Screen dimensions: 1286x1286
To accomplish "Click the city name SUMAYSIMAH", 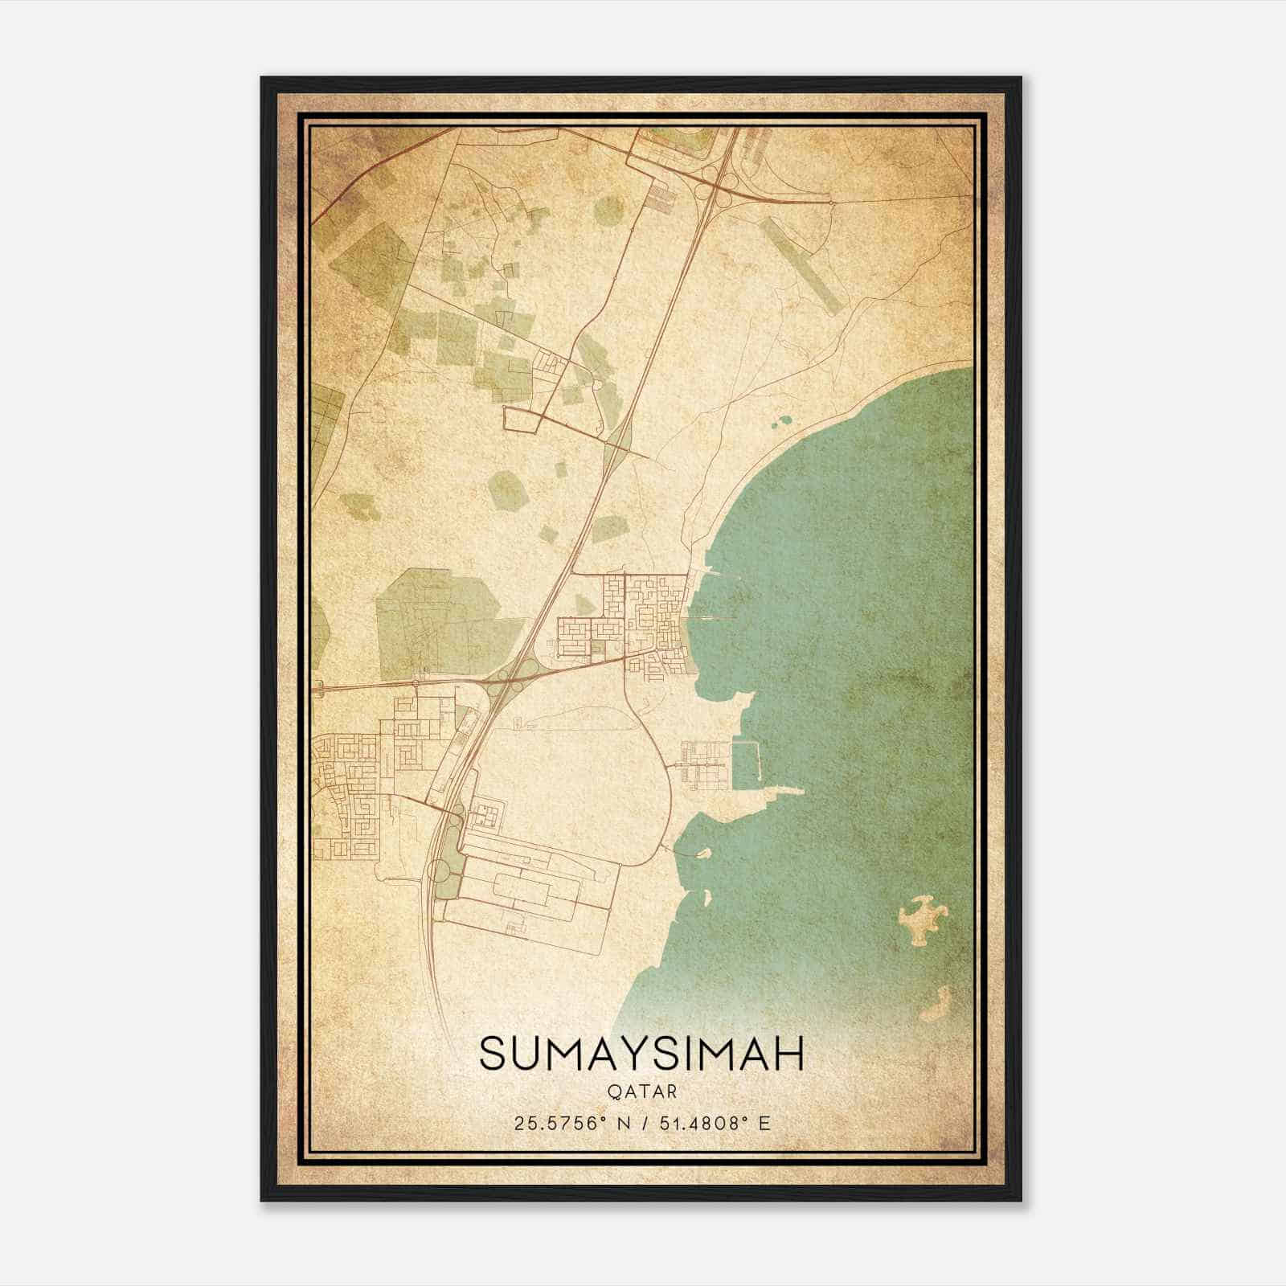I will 641,1054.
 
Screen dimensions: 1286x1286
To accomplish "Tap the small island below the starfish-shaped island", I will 936,1003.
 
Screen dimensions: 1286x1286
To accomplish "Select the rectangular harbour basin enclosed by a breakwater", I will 744,761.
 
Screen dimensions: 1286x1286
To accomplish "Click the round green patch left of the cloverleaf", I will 608,211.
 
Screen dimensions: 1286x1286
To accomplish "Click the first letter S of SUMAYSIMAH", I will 496,1054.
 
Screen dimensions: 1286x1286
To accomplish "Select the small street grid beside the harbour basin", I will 701,764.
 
